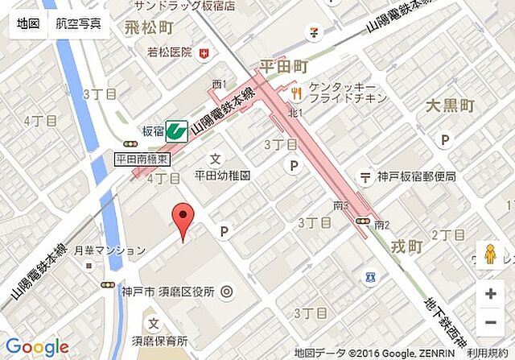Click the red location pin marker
pyautogui.click(x=184, y=220)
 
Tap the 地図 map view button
pyautogui.click(x=28, y=24)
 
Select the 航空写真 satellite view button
pyautogui.click(x=79, y=24)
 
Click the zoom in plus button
pyautogui.click(x=490, y=294)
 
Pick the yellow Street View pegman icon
pyautogui.click(x=490, y=255)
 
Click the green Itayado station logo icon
pyautogui.click(x=176, y=130)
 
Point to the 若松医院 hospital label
pyautogui.click(x=170, y=53)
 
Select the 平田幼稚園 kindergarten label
pyautogui.click(x=223, y=175)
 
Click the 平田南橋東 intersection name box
pyautogui.click(x=142, y=159)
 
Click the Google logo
pyautogui.click(x=37, y=347)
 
